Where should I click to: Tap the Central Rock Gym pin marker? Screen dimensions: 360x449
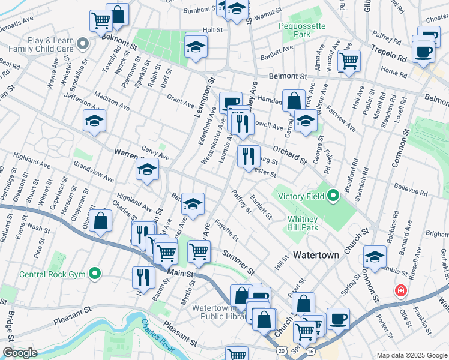(94, 274)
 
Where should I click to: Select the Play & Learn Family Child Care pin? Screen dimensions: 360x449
(83, 43)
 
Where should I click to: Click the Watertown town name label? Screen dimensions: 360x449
(315, 255)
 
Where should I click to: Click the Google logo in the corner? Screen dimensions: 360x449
(19, 353)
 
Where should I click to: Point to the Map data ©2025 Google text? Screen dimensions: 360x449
(412, 355)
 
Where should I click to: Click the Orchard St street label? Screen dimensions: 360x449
(290, 154)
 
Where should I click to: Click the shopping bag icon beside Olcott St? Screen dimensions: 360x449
(101, 220)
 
